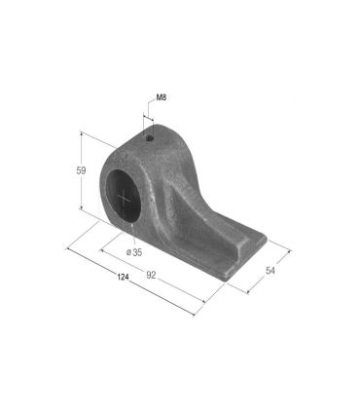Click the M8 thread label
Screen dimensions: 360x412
coord(162,97)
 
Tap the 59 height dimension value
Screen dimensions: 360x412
coord(81,170)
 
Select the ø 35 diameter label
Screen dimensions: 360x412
coord(134,252)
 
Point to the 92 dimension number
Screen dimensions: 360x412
coord(151,276)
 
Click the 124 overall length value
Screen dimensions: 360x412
coord(123,278)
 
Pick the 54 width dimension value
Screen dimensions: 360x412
coord(270,271)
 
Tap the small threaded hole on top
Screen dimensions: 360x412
coord(150,138)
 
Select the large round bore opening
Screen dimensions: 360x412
coord(124,196)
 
